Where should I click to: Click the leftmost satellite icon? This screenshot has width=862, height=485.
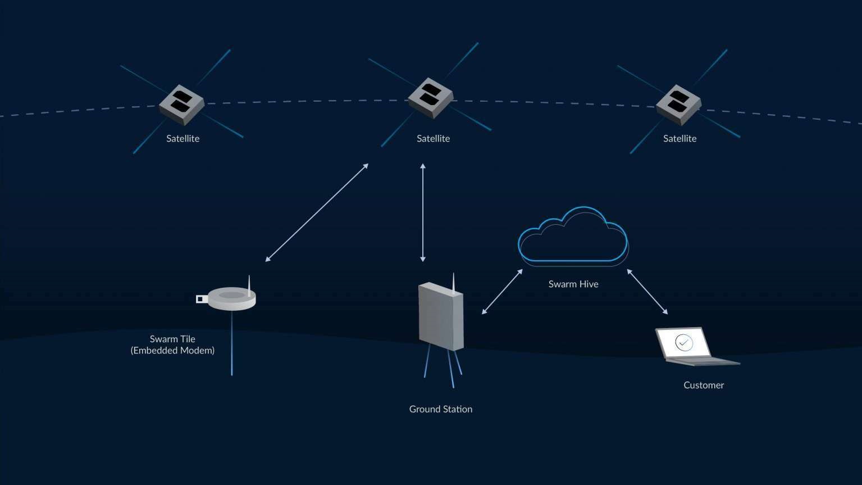coord(181,104)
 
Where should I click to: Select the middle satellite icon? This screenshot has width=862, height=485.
coord(430,97)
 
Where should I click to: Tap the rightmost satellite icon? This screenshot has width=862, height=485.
coord(678,104)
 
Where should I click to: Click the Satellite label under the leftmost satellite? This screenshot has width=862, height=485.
coord(183,138)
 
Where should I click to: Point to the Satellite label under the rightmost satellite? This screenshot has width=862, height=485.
coord(679,138)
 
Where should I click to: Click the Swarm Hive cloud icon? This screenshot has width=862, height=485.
coord(572,236)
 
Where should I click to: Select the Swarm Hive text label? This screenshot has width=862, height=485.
coord(573,284)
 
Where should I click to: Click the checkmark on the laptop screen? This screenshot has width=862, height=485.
coord(683,342)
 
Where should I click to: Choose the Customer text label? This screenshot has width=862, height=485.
coord(704,385)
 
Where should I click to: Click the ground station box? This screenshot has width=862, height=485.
coord(441,316)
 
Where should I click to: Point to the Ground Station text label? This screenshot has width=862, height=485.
coord(441,409)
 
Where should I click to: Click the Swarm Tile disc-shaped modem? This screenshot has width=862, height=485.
coord(231,298)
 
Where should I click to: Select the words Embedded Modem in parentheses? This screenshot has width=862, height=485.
coord(172,351)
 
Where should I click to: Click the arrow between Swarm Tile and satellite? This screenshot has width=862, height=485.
coord(317,212)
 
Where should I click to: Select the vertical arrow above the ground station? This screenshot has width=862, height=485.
coord(423,212)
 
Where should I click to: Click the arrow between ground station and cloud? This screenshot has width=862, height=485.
coord(502,292)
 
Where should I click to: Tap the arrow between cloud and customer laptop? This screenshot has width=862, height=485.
coord(647,292)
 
